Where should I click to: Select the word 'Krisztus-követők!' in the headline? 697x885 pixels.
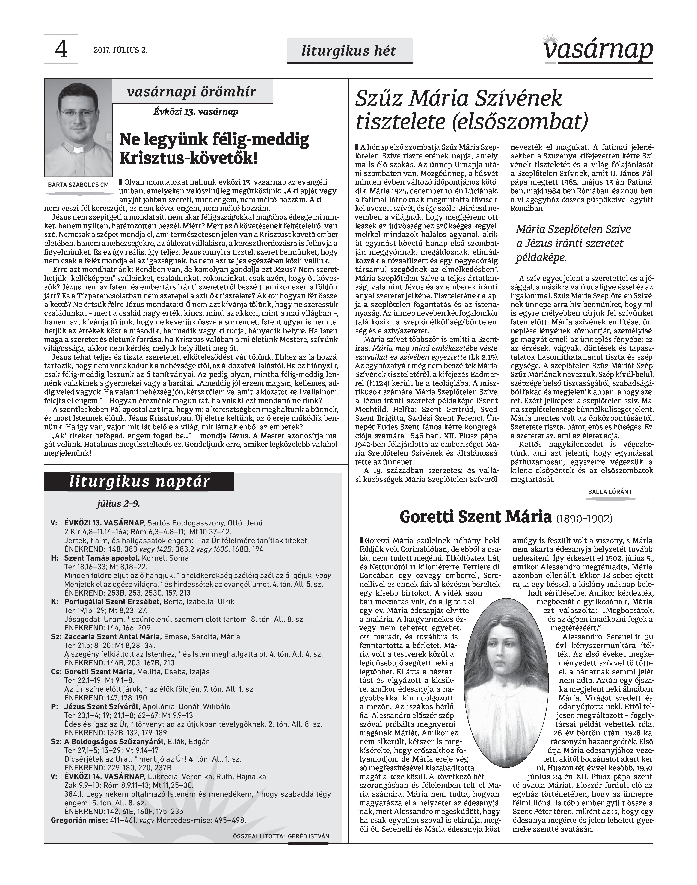(x=188, y=158)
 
